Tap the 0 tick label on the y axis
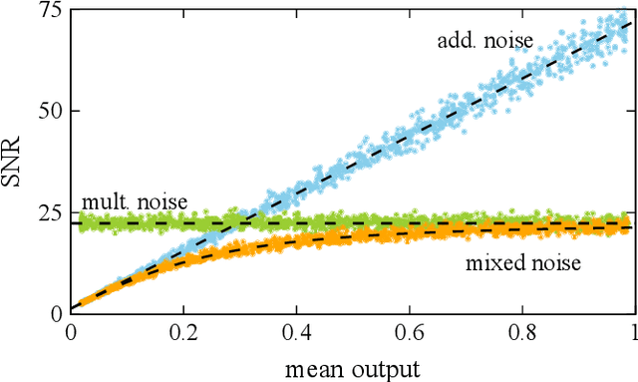pyautogui.click(x=55, y=312)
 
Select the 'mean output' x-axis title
pyautogui.click(x=352, y=368)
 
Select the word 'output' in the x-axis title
pyautogui.click(x=383, y=368)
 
